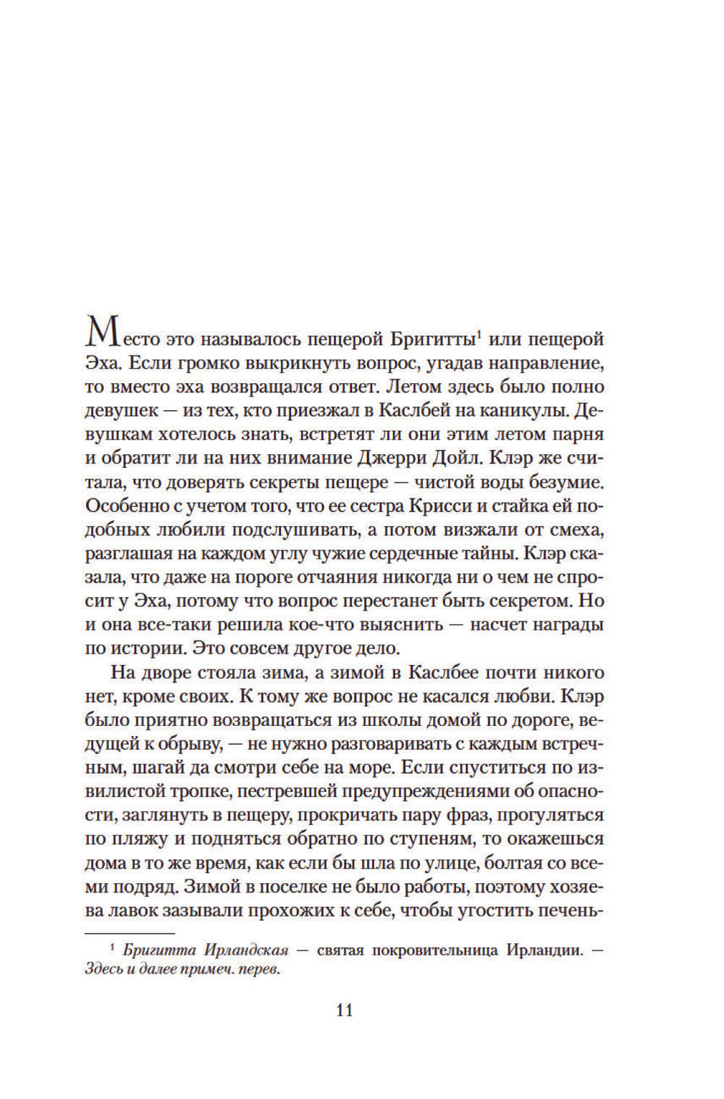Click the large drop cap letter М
(100, 335)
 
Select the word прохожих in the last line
(282, 908)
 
